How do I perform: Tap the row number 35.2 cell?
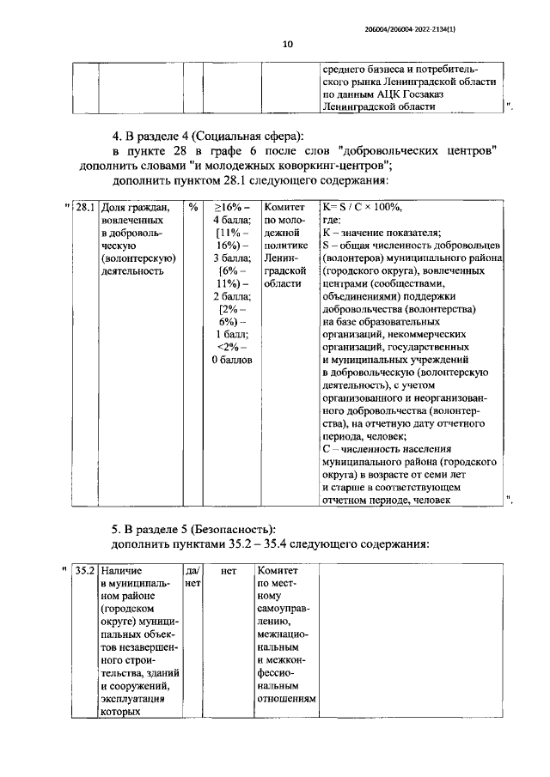point(84,569)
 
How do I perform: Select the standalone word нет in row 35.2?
point(228,569)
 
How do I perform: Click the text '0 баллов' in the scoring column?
point(232,360)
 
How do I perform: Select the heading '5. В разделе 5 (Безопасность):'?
point(194,528)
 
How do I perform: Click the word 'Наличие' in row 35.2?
point(121,569)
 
